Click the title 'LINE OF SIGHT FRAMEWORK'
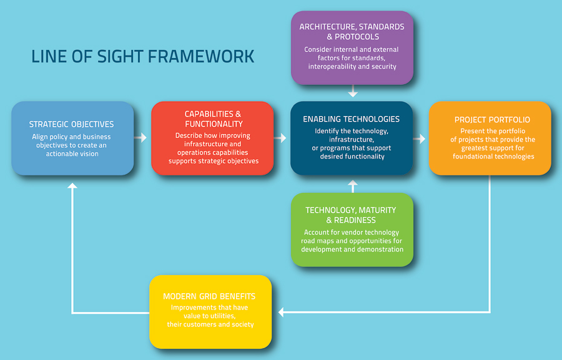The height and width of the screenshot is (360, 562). [x=142, y=57]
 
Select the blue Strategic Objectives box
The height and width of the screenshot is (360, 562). [x=73, y=139]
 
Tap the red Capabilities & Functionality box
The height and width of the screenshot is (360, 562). [x=212, y=139]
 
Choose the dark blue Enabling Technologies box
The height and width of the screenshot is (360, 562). [x=352, y=139]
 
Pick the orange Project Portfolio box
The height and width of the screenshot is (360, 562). [x=490, y=139]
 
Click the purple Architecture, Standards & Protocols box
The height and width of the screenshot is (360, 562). [x=352, y=47]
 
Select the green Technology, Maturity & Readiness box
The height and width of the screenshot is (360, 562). [x=352, y=230]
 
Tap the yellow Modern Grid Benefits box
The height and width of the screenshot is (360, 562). [x=210, y=312]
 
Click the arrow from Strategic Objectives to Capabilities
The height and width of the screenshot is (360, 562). [x=140, y=137]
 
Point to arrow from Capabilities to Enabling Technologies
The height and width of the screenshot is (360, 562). [x=280, y=137]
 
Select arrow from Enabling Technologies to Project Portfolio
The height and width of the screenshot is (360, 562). [x=419, y=139]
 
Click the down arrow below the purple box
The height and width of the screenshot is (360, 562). [x=353, y=91]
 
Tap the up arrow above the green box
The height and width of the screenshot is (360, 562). [x=353, y=187]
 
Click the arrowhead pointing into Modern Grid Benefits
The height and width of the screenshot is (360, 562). [x=281, y=313]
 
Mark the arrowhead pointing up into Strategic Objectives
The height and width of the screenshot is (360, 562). [x=73, y=185]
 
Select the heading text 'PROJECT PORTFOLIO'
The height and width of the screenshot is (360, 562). [x=492, y=120]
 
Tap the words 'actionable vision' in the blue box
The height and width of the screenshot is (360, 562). [x=72, y=153]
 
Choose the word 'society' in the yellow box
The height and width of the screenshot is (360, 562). [x=243, y=324]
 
